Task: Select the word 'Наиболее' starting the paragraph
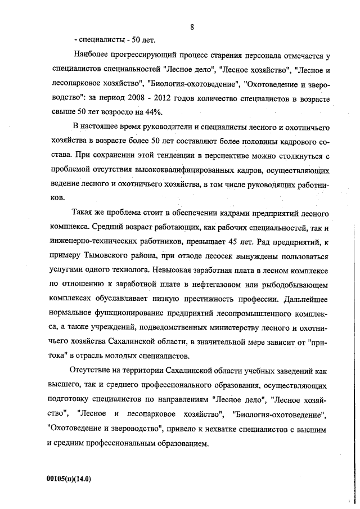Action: click(92, 56)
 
